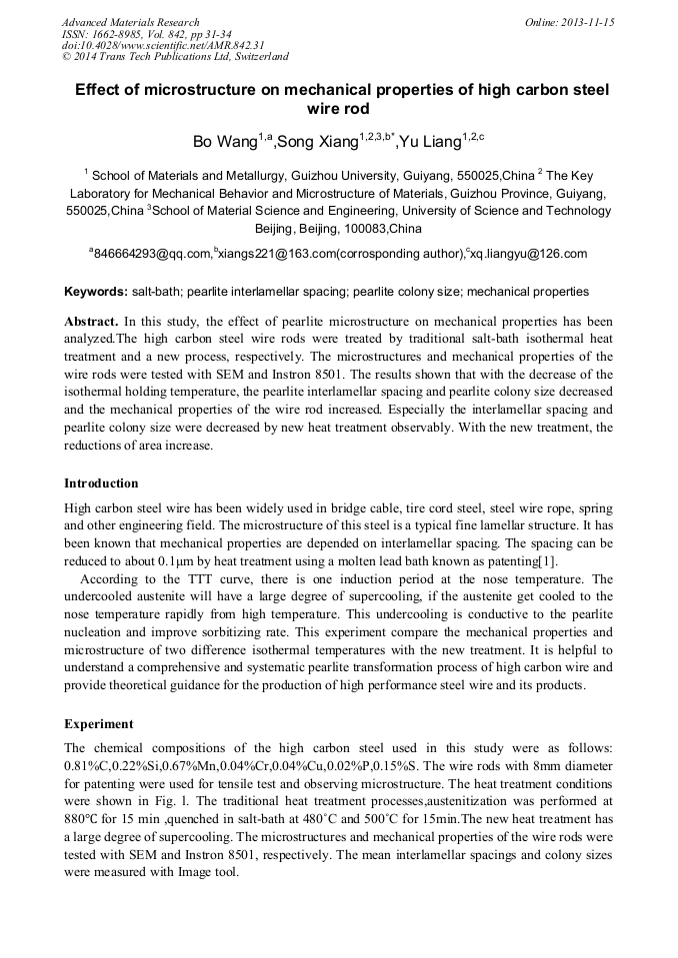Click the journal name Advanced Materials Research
pyautogui.click(x=131, y=22)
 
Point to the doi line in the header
pyautogui.click(x=163, y=45)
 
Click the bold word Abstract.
pyautogui.click(x=92, y=323)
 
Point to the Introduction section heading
pyautogui.click(x=101, y=483)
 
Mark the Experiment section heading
pyautogui.click(x=97, y=723)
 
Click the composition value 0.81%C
pyautogui.click(x=89, y=764)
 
